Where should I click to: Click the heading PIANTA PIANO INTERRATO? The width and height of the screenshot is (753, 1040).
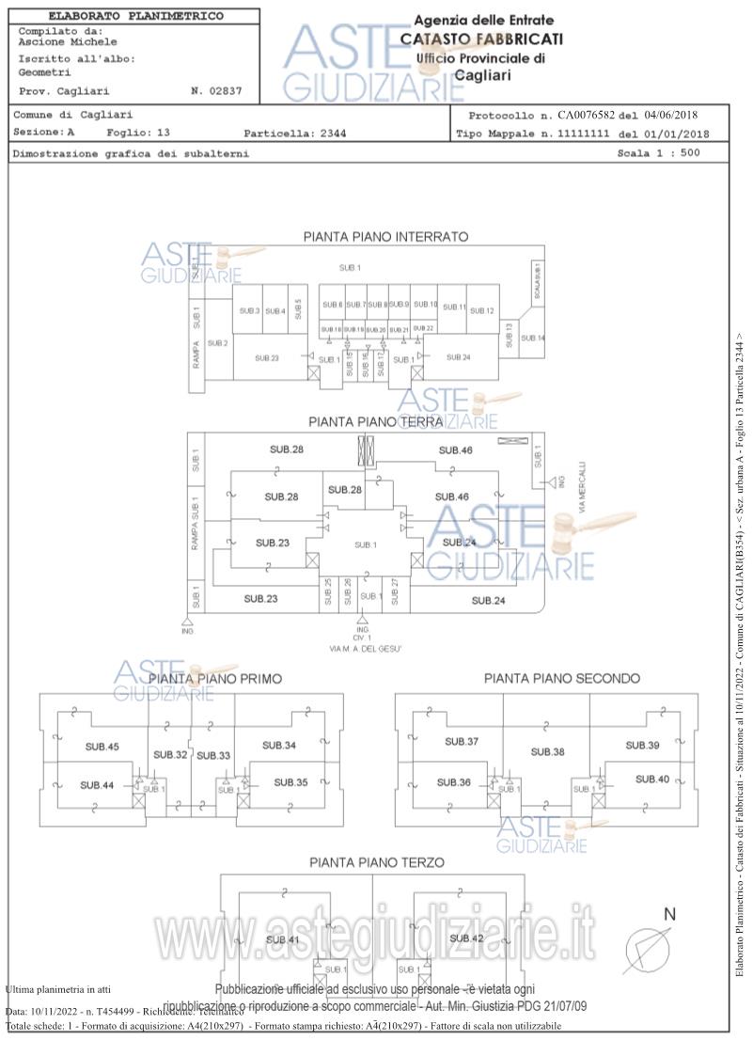pyautogui.click(x=384, y=237)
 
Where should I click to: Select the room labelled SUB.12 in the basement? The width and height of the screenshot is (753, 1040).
pyautogui.click(x=482, y=311)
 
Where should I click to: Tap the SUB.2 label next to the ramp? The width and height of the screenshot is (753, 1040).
pyautogui.click(x=218, y=343)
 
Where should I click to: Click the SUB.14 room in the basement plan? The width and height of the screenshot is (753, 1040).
pyautogui.click(x=533, y=338)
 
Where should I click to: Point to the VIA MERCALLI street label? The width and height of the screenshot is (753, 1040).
pyautogui.click(x=583, y=486)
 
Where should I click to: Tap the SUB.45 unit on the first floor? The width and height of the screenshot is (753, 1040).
pyautogui.click(x=102, y=747)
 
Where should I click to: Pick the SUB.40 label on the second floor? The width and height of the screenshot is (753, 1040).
pyautogui.click(x=651, y=779)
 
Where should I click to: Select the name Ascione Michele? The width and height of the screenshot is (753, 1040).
pyautogui.click(x=68, y=41)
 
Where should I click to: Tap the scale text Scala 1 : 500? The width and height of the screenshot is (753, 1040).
pyautogui.click(x=658, y=152)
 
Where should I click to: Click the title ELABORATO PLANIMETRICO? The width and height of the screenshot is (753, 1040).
pyautogui.click(x=135, y=16)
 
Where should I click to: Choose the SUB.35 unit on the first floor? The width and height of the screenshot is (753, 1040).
pyautogui.click(x=290, y=781)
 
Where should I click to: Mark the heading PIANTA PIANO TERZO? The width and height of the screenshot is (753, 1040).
pyautogui.click(x=377, y=862)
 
